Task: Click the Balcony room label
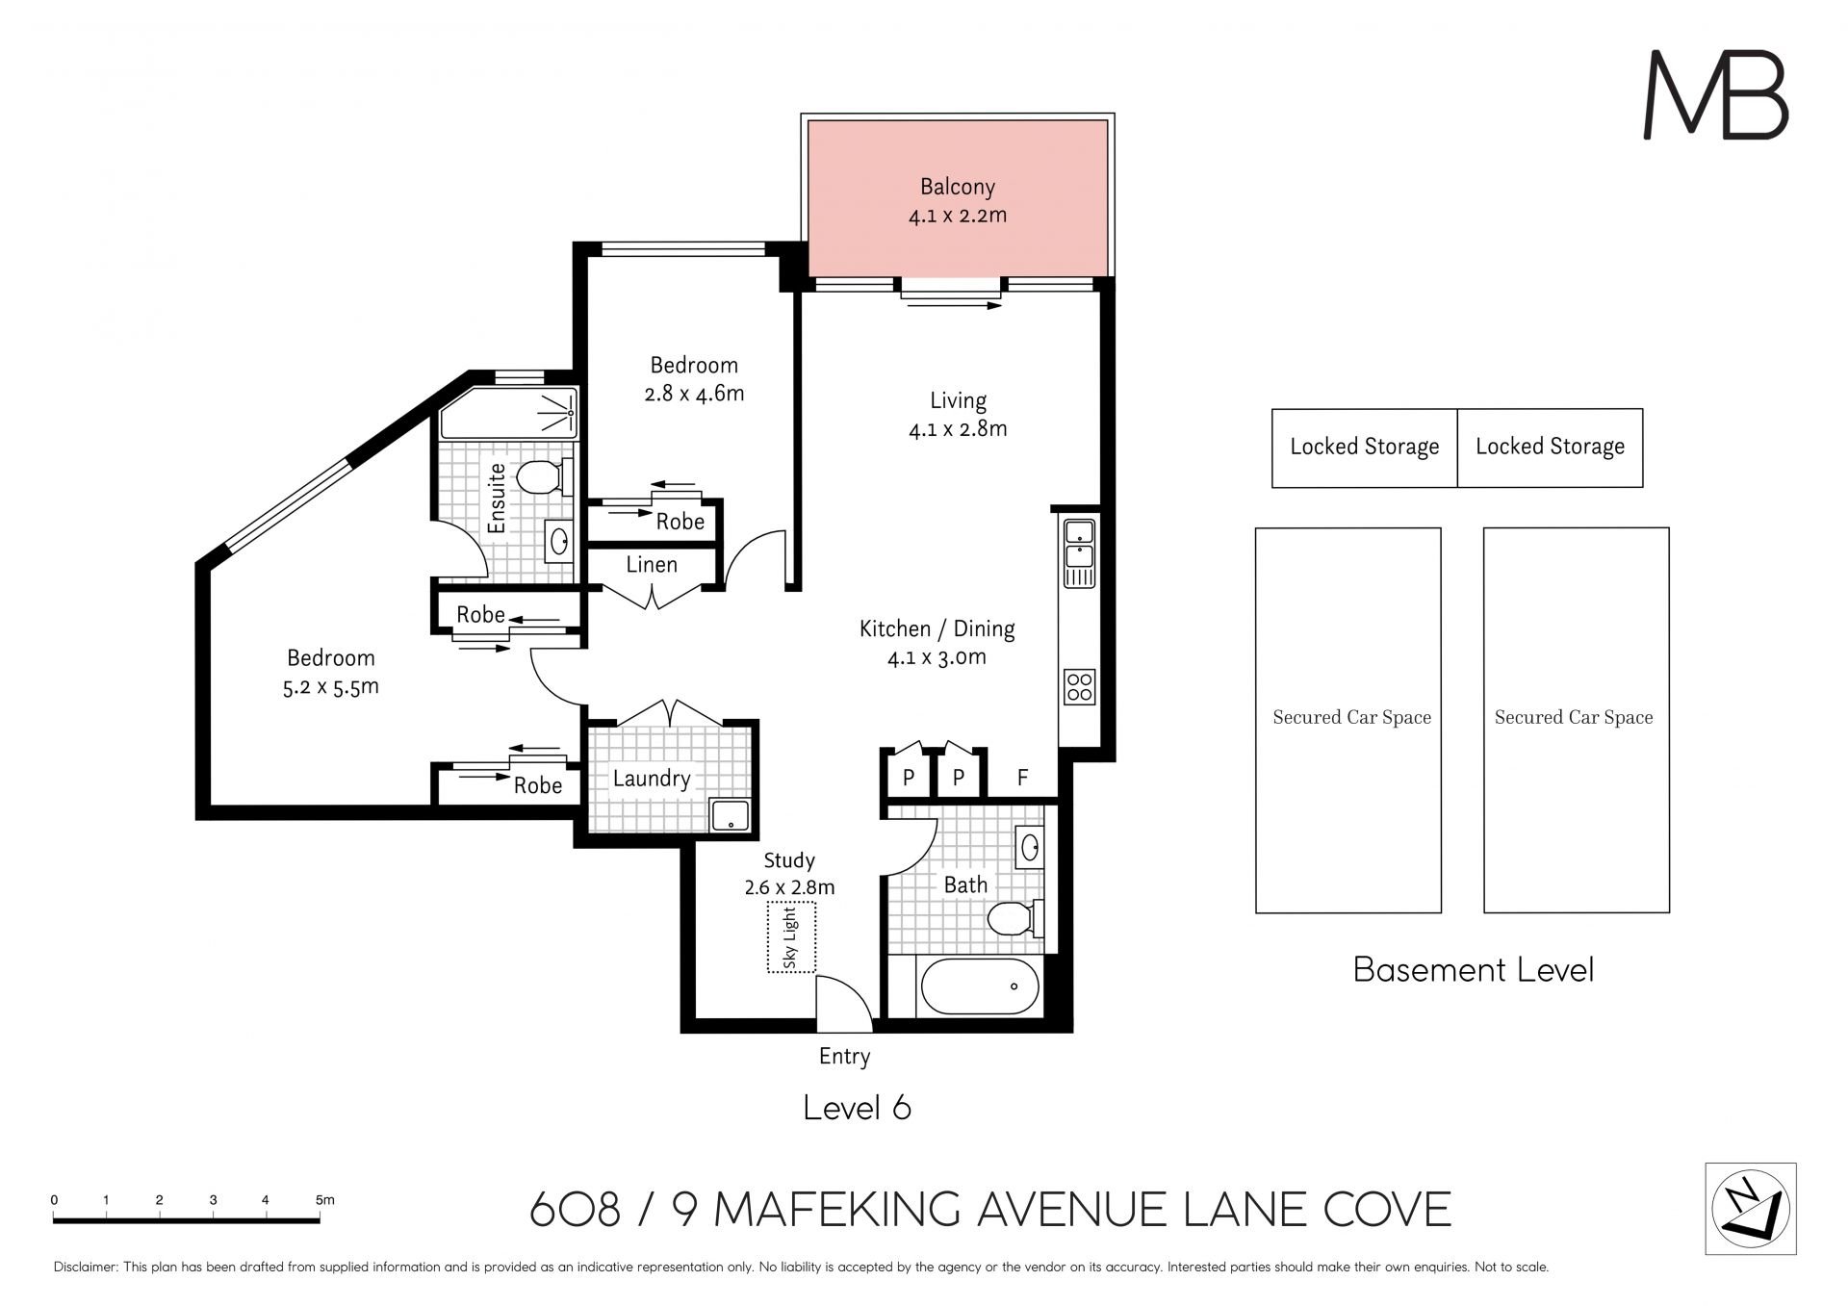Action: coord(957,187)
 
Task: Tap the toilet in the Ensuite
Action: coord(543,476)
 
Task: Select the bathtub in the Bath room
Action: coord(980,986)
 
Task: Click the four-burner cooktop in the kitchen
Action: coord(1079,687)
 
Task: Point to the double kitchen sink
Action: coord(1079,552)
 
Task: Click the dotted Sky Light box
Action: coord(791,936)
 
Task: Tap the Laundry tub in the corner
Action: coord(731,815)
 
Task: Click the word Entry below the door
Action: coord(844,1057)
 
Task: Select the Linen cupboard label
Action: coord(652,565)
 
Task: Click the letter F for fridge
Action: coord(1022,778)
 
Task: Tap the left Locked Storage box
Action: coord(1364,448)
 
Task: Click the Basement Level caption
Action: coord(1473,969)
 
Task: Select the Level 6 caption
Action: coord(857,1108)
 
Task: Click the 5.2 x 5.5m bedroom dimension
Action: coord(331,687)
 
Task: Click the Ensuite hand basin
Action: coord(559,542)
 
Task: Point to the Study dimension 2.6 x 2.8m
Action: coord(789,886)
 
